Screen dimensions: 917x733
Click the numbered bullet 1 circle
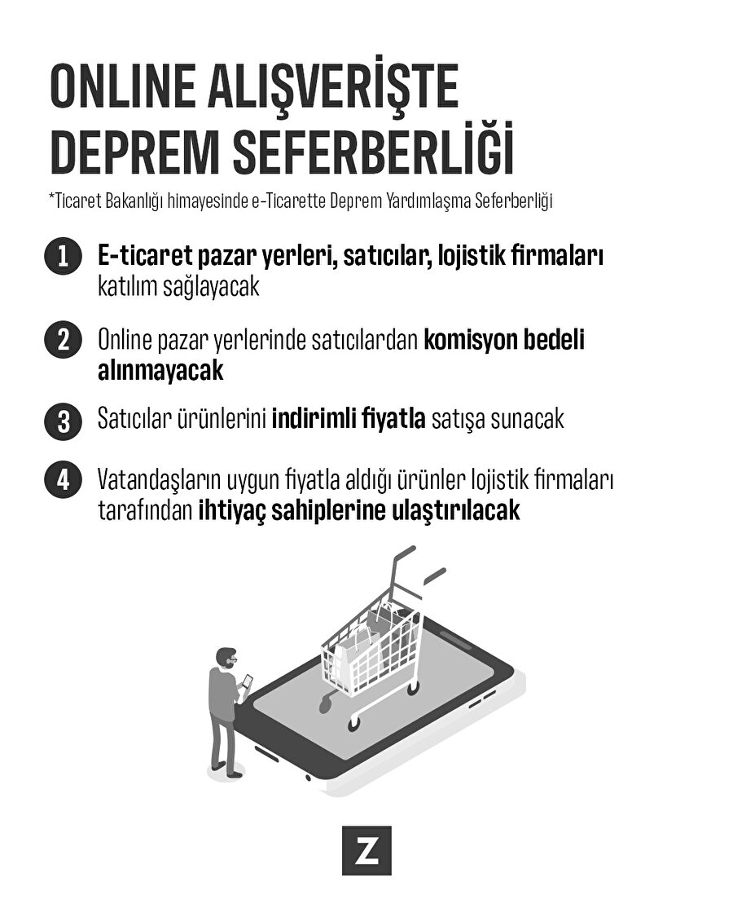click(x=63, y=257)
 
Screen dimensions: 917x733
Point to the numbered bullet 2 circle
click(x=63, y=340)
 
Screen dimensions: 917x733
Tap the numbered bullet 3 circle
click(x=63, y=421)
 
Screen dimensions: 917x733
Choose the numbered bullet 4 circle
click(x=63, y=479)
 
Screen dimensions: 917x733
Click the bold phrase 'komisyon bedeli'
click(x=503, y=340)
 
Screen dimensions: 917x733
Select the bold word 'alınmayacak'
click(x=160, y=371)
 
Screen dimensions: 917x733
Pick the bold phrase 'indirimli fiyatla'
click(x=348, y=420)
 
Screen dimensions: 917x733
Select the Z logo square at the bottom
click(x=366, y=851)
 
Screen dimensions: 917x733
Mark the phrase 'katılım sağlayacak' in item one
click(x=178, y=287)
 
